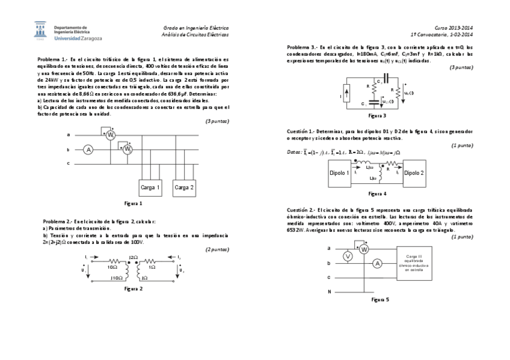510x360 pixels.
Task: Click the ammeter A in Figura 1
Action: pyautogui.click(x=88, y=150)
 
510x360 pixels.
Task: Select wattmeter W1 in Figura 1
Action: pyautogui.click(x=111, y=136)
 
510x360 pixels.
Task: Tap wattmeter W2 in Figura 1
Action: pyautogui.click(x=127, y=150)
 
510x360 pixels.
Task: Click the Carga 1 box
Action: pyautogui.click(x=150, y=188)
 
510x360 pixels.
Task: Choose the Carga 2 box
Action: pyautogui.click(x=184, y=188)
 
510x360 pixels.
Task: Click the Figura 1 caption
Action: pyautogui.click(x=133, y=204)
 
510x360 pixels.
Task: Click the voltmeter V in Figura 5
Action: pyautogui.click(x=347, y=256)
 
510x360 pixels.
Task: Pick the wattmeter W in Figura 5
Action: pyautogui.click(x=363, y=249)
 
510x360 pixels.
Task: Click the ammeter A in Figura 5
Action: pyautogui.click(x=377, y=263)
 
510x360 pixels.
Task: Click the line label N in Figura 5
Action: pyautogui.click(x=329, y=291)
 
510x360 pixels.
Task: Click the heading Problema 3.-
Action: pyautogui.click(x=302, y=46)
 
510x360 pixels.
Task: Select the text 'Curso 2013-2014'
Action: pyautogui.click(x=454, y=28)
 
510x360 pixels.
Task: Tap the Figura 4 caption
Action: pyautogui.click(x=377, y=194)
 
